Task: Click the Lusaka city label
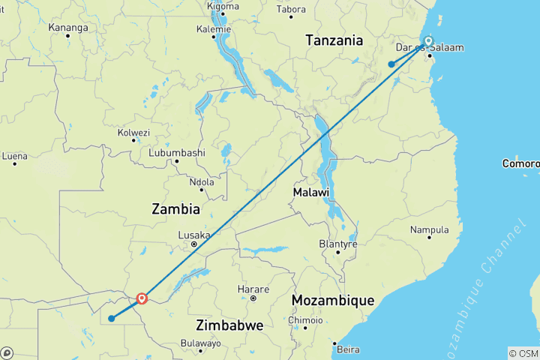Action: point(193,235)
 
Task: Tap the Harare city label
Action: point(253,289)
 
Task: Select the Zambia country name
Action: point(176,208)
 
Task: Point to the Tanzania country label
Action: point(334,40)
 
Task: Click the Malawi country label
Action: point(310,193)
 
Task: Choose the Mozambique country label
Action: point(332,300)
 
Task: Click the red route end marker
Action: point(142,298)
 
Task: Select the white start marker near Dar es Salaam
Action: point(428,41)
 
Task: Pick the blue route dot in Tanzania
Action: point(391,64)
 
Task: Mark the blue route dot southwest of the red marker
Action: point(111,319)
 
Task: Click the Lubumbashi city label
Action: point(177,152)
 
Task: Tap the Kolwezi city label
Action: point(133,133)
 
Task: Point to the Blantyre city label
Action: point(337,244)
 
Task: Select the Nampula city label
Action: point(430,229)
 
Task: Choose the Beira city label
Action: point(348,349)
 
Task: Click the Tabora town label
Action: point(291,10)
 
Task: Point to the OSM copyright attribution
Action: point(523,353)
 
